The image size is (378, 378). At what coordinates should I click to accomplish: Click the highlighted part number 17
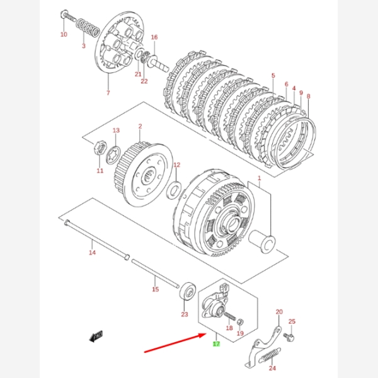pos(216,344)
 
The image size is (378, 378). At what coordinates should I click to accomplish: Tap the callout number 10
pos(64,35)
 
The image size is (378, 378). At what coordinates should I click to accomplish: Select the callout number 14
pos(92,253)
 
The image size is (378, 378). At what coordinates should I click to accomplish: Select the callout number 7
pos(108,93)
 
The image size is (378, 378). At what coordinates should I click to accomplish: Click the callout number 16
pos(154,37)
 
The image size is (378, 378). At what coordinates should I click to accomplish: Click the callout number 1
pos(258,179)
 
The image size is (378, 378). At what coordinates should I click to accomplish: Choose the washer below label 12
pos(176,188)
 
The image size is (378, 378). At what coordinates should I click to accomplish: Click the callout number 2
pos(140,126)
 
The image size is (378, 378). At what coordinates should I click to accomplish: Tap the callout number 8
pos(308,96)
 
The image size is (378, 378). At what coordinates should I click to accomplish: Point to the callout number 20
pos(279,312)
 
